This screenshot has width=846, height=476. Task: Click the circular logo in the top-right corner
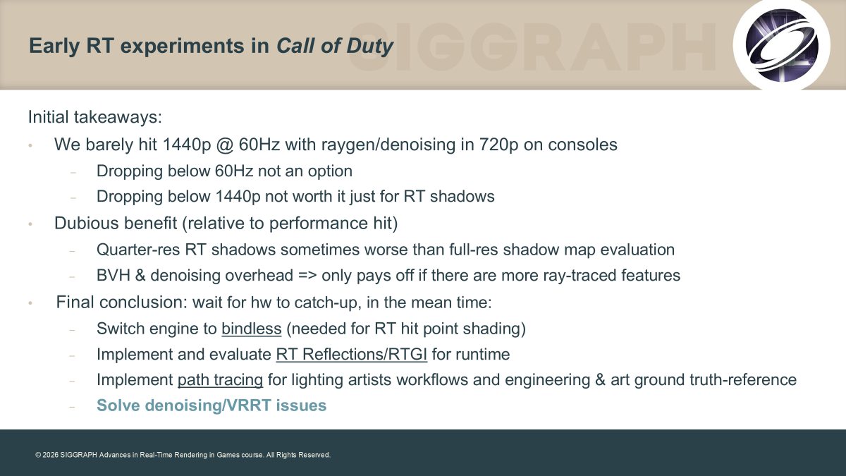[x=781, y=45]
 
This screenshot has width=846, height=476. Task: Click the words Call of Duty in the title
[x=335, y=46]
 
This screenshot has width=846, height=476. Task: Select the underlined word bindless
[x=252, y=329]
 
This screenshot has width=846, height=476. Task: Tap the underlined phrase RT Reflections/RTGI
[x=352, y=354]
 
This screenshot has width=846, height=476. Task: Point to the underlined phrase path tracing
[x=220, y=380]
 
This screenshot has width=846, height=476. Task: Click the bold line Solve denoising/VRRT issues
[x=211, y=405]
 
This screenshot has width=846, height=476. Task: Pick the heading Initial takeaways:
[x=95, y=117]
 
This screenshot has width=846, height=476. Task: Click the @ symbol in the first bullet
[x=225, y=145]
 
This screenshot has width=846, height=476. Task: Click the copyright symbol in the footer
[x=38, y=456]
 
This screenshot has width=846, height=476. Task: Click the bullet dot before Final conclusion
[x=30, y=303]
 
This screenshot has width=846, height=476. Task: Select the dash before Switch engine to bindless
[x=72, y=330]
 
